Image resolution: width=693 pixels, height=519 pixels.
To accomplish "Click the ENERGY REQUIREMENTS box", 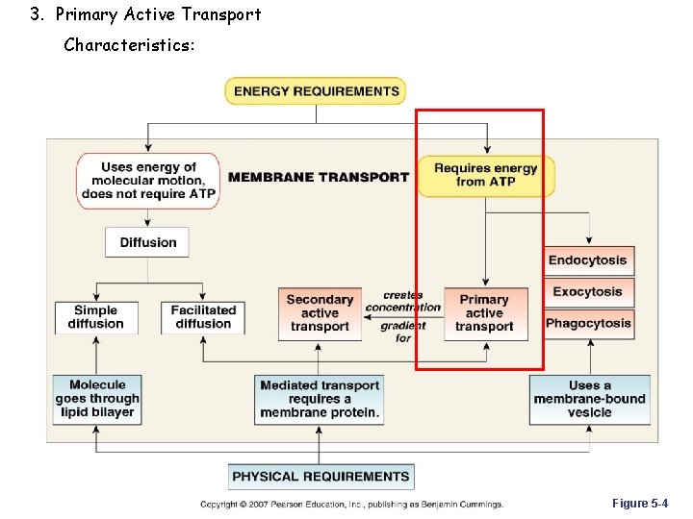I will click(x=316, y=91).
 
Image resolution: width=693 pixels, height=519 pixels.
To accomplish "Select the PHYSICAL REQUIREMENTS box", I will click(x=321, y=476).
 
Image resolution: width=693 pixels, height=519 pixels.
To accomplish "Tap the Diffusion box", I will click(x=147, y=242).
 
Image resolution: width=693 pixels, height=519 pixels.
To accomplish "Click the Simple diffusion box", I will click(x=96, y=317).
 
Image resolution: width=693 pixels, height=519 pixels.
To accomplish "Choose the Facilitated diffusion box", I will click(x=203, y=317).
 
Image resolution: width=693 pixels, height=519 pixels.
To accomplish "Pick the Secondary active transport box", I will click(x=320, y=313).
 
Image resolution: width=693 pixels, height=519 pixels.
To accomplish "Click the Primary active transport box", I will click(x=485, y=313).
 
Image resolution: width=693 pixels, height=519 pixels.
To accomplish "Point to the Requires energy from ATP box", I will click(x=485, y=176).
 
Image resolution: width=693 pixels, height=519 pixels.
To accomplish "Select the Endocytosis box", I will click(x=587, y=260).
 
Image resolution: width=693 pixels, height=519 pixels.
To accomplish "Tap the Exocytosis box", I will click(x=587, y=292).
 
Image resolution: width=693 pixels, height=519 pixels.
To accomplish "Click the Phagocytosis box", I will click(x=588, y=324).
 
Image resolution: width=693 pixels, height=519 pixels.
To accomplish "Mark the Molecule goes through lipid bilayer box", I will click(x=97, y=399).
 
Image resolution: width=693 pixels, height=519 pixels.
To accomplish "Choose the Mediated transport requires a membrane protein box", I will click(x=320, y=399).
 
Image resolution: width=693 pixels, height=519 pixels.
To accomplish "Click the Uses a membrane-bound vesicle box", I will click(x=589, y=399).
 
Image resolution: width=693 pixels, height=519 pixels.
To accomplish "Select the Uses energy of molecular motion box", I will click(x=148, y=181).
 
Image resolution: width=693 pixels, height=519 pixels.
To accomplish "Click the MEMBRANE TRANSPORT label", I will click(x=319, y=177).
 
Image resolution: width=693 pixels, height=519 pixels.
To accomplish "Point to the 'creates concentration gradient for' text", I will click(x=403, y=316).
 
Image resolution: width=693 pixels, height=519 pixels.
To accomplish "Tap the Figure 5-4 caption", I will click(x=639, y=504).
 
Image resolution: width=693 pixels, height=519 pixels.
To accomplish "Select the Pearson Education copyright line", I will click(x=351, y=505).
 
